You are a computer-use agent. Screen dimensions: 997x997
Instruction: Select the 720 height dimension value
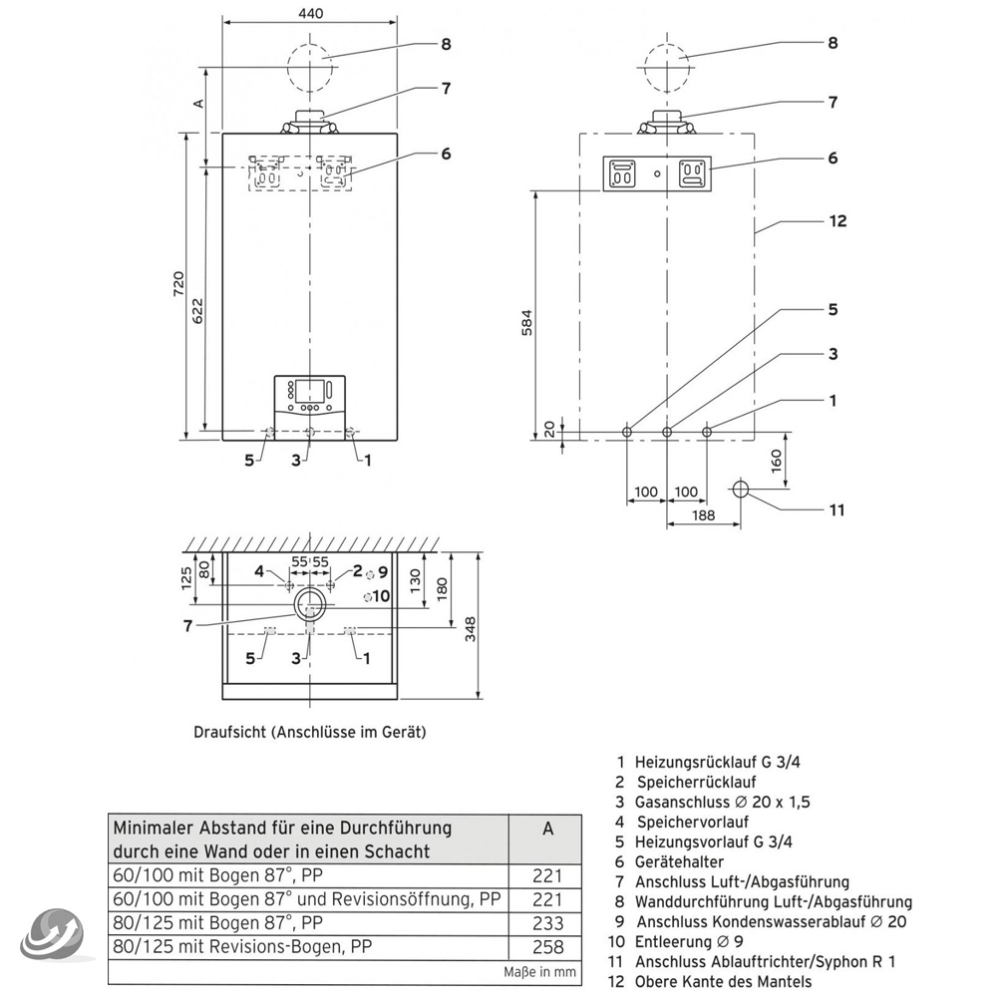pos(177,284)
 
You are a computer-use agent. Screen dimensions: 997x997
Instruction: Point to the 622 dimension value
pos(197,311)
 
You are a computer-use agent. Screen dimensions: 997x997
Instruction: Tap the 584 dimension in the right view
pos(529,326)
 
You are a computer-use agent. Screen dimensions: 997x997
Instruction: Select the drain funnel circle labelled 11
pos(741,490)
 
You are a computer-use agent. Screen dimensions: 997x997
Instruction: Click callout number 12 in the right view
pos(837,220)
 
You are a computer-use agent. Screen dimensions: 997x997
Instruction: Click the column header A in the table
pos(547,829)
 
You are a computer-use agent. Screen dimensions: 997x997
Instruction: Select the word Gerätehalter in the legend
pos(679,861)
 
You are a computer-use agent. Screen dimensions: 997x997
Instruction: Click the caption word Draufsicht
pos(229,732)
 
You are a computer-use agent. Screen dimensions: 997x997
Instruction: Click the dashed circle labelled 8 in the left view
pos(313,67)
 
